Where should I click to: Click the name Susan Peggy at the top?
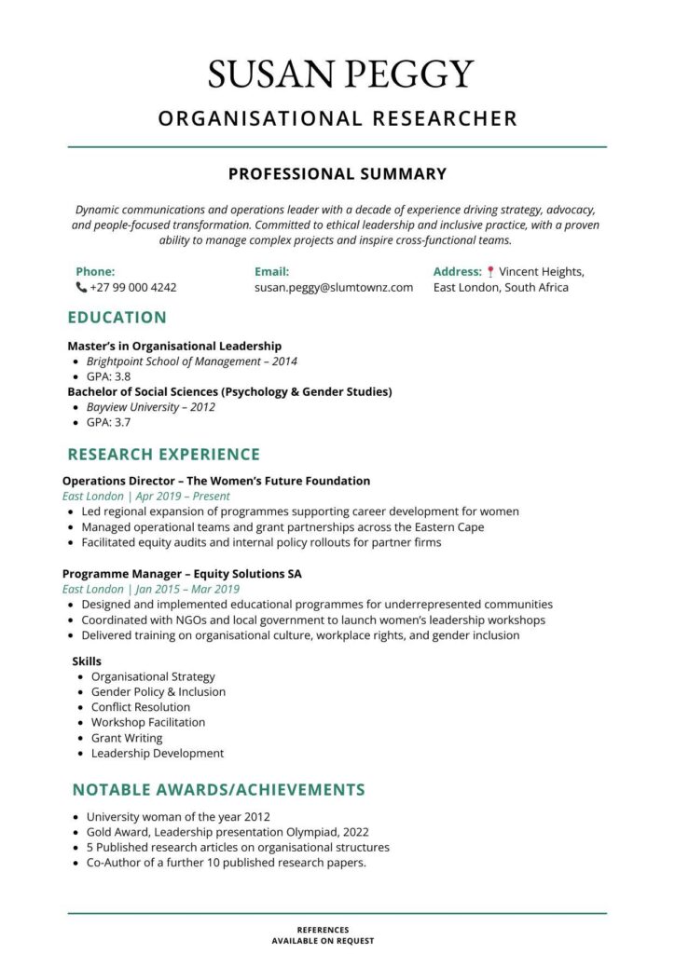340,75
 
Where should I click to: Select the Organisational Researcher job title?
337,118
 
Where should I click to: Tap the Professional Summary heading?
337,174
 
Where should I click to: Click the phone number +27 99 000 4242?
132,288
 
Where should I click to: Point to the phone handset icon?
81,288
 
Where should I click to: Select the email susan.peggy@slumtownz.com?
333,288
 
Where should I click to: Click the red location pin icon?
490,272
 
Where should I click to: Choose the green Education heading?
117,317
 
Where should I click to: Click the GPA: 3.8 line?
108,376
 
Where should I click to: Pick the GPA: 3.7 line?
108,422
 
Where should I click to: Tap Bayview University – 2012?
150,407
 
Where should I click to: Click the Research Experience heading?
163,455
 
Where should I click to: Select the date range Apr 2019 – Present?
184,497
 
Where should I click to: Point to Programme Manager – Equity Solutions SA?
182,574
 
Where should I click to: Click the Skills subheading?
87,661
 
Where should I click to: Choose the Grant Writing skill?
126,738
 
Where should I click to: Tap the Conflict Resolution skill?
140,707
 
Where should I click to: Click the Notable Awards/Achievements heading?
218,790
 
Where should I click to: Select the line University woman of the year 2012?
178,817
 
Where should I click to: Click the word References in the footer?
323,930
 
